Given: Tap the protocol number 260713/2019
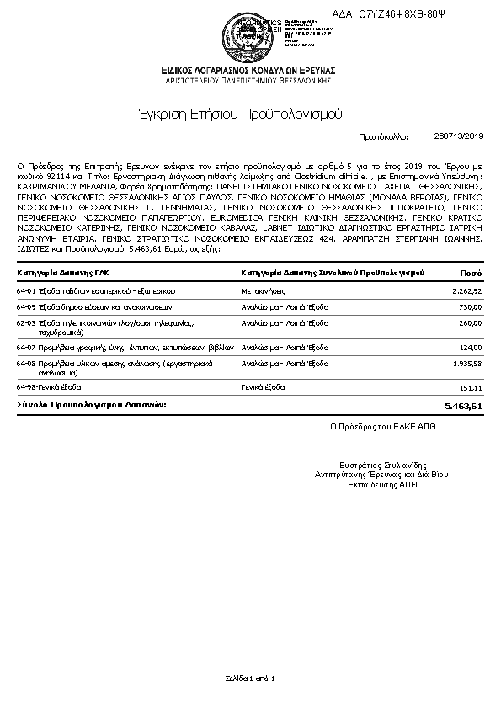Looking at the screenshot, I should point(458,136).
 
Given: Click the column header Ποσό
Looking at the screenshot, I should point(471,273).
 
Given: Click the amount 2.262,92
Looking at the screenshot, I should point(466,290).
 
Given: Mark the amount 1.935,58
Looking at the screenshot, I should point(466,364).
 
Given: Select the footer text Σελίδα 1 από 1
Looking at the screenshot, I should point(250,679).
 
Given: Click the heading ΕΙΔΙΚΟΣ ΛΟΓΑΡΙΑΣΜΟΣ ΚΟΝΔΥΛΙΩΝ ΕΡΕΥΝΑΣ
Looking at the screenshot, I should point(250,69).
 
